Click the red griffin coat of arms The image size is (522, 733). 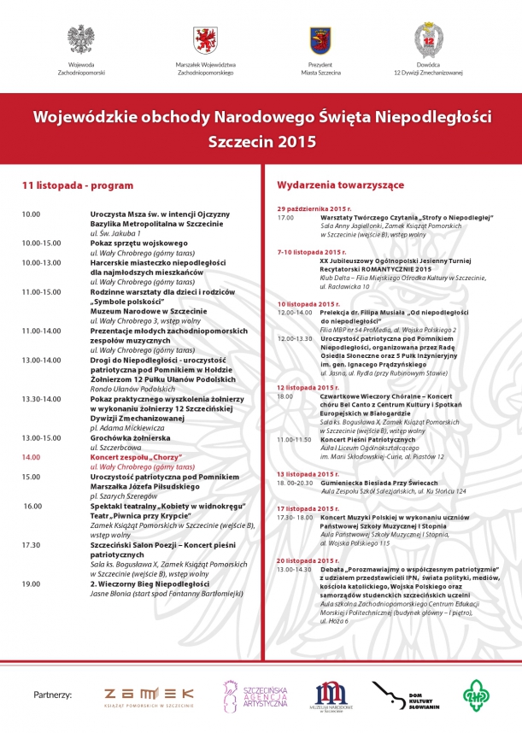[205, 39]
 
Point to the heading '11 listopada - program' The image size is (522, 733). [78, 185]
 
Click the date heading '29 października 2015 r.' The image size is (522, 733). [314, 208]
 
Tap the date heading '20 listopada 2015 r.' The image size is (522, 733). [313, 560]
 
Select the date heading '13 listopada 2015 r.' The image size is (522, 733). [313, 473]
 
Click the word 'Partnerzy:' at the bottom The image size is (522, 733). [52, 695]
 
